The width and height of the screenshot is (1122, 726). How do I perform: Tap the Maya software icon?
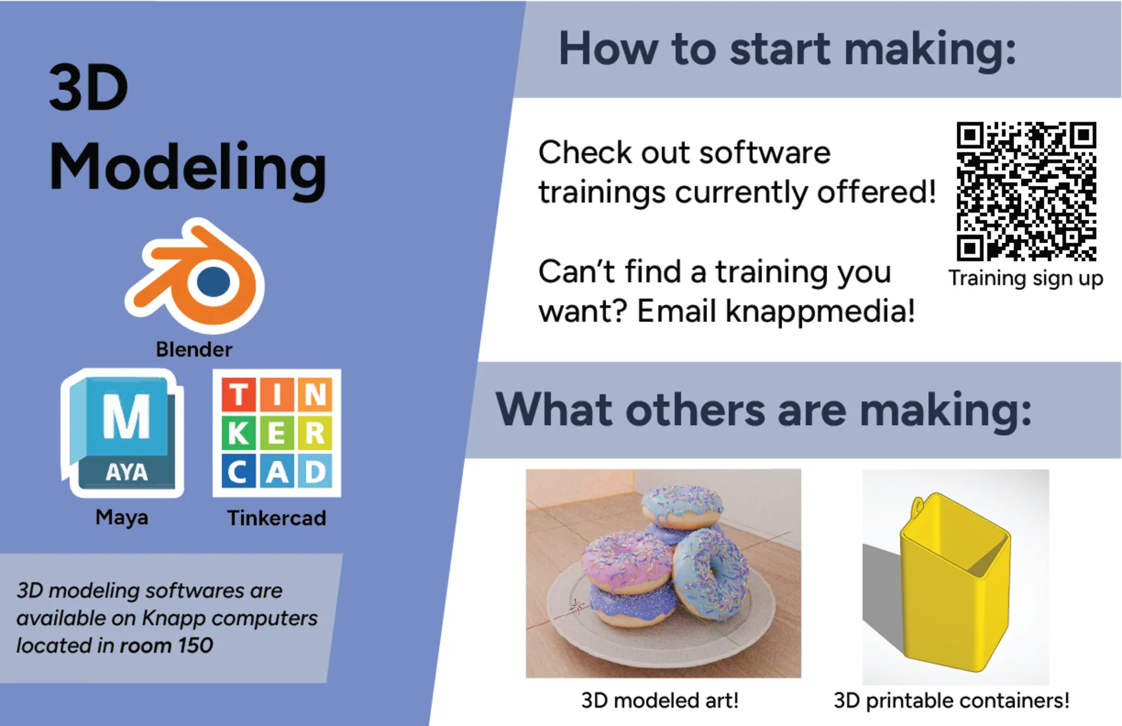pyautogui.click(x=122, y=433)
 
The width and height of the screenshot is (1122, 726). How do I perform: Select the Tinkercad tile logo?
pyautogui.click(x=277, y=433)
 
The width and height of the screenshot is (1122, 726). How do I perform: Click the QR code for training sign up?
pyautogui.click(x=1026, y=191)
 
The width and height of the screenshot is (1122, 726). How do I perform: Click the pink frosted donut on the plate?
pyautogui.click(x=626, y=561)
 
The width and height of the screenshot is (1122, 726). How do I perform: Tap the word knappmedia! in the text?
pyautogui.click(x=820, y=312)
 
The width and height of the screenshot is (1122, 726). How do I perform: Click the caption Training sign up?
pyautogui.click(x=1026, y=279)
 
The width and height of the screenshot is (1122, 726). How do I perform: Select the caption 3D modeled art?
pyautogui.click(x=660, y=700)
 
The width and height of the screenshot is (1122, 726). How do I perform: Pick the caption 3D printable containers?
pyautogui.click(x=951, y=700)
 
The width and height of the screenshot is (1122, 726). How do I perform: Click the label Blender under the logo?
pyautogui.click(x=194, y=350)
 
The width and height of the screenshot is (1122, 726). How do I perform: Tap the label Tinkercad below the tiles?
pyautogui.click(x=277, y=518)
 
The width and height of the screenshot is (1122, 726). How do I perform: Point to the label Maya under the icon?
pyautogui.click(x=121, y=517)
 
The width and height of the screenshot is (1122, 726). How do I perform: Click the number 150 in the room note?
pyautogui.click(x=195, y=645)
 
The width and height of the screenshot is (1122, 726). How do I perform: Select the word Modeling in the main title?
pyautogui.click(x=188, y=168)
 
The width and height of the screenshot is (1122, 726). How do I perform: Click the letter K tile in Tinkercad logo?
pyautogui.click(x=238, y=434)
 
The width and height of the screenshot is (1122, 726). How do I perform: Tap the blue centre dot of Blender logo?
pyautogui.click(x=213, y=282)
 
